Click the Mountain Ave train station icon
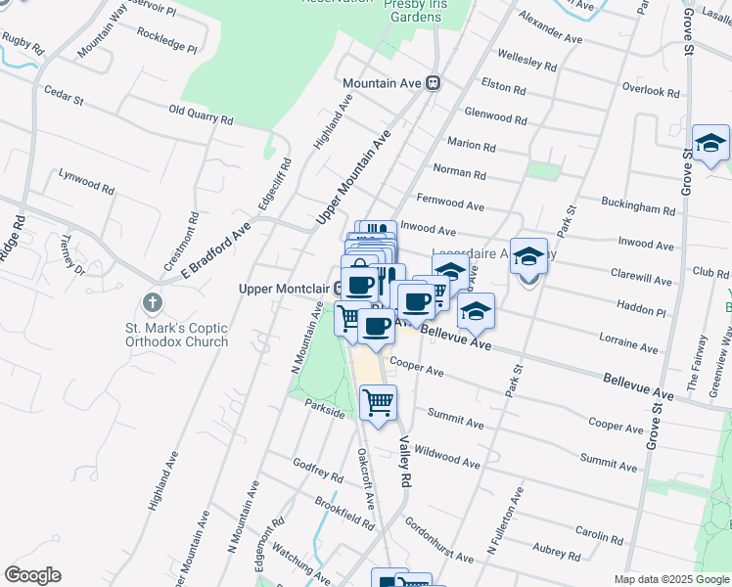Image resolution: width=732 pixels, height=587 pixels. (x=432, y=84)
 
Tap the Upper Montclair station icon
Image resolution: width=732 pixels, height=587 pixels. (x=338, y=288)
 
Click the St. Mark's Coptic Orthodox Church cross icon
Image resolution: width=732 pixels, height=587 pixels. (x=152, y=302)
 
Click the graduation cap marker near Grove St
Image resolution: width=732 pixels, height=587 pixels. (x=710, y=143)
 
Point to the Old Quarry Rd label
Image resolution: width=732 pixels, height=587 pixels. (x=202, y=114)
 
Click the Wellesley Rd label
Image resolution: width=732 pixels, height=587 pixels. (x=526, y=59)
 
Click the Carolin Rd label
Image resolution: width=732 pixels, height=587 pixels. (x=600, y=532)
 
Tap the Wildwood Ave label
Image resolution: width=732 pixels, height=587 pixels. (x=446, y=456)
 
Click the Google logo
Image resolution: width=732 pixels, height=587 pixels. (x=33, y=574)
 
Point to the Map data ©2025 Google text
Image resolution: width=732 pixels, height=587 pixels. (x=670, y=579)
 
